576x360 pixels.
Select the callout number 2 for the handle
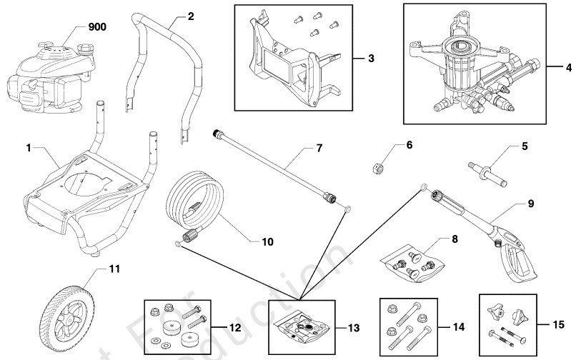point(190,16)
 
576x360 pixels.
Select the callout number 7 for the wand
point(319,149)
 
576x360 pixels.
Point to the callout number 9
point(531,203)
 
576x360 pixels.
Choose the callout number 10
point(268,241)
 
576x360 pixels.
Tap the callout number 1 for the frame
point(29,148)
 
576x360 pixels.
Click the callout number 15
point(560,322)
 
